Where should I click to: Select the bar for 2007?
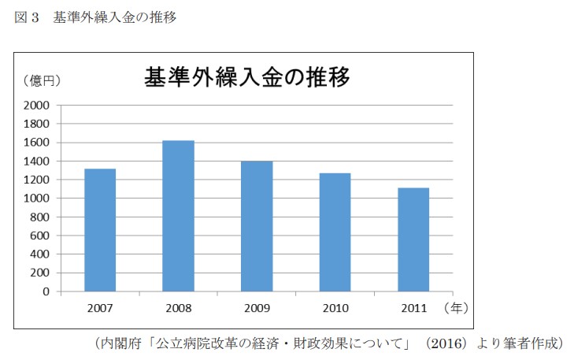point(100,230)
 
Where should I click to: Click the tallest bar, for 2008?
point(178,216)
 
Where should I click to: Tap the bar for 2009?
point(257,226)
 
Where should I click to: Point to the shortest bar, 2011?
point(413,239)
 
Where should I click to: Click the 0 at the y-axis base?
point(46,291)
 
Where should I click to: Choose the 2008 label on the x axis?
point(178,309)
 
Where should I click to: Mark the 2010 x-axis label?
point(335,309)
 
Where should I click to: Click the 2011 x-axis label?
point(413,309)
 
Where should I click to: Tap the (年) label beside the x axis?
point(457,308)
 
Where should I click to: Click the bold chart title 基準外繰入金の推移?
point(246,77)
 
